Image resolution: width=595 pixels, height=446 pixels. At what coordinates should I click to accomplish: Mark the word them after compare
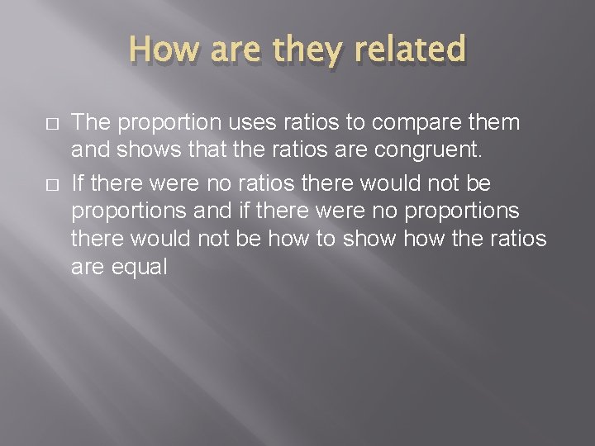[496, 123]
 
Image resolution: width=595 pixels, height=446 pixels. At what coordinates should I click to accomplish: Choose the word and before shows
[93, 152]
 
